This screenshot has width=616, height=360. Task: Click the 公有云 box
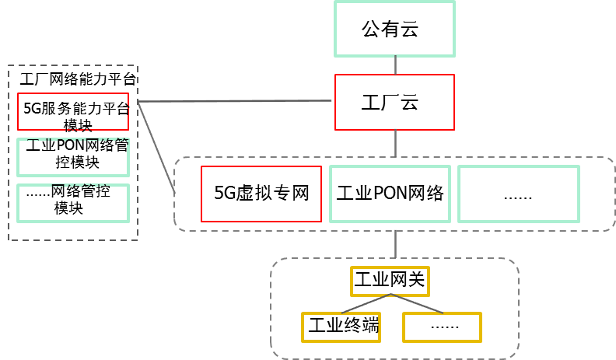[394, 29]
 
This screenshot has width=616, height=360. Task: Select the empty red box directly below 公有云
[394, 102]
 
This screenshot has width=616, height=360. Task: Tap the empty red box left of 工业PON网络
[261, 194]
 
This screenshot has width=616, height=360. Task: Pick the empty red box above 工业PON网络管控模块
[72, 111]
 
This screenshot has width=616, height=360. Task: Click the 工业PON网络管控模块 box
[72, 155]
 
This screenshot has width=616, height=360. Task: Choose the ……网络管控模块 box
[72, 200]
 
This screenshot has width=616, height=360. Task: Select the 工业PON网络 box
[390, 194]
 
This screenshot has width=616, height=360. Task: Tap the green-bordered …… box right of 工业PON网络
[518, 194]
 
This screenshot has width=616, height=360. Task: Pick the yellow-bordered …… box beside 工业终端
[443, 327]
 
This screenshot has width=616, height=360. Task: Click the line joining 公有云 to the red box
[395, 65]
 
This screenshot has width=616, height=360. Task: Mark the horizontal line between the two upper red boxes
[233, 101]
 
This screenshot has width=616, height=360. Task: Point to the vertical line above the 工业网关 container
[395, 244]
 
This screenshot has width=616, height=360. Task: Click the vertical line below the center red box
[395, 143]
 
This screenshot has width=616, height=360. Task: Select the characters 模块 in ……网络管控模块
[68, 208]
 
